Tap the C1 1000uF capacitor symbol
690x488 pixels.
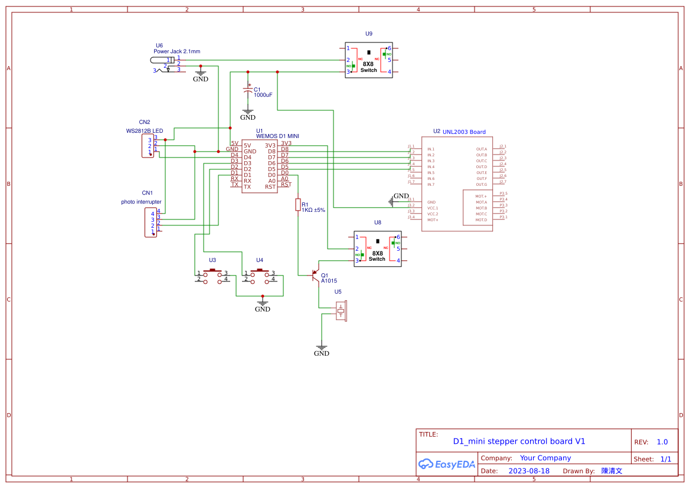(x=248, y=90)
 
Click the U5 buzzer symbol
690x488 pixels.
(x=341, y=310)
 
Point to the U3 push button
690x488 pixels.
(x=212, y=276)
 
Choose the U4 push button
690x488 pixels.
(x=260, y=276)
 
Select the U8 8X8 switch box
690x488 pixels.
(x=378, y=248)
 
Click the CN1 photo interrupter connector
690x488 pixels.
(x=151, y=222)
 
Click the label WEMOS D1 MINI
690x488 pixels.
(x=277, y=136)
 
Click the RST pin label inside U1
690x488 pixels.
(x=270, y=187)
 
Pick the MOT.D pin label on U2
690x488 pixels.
(x=481, y=220)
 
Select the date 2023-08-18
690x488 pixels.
(x=529, y=471)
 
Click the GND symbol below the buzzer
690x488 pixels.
(x=322, y=350)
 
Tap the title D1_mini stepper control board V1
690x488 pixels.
(x=519, y=441)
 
